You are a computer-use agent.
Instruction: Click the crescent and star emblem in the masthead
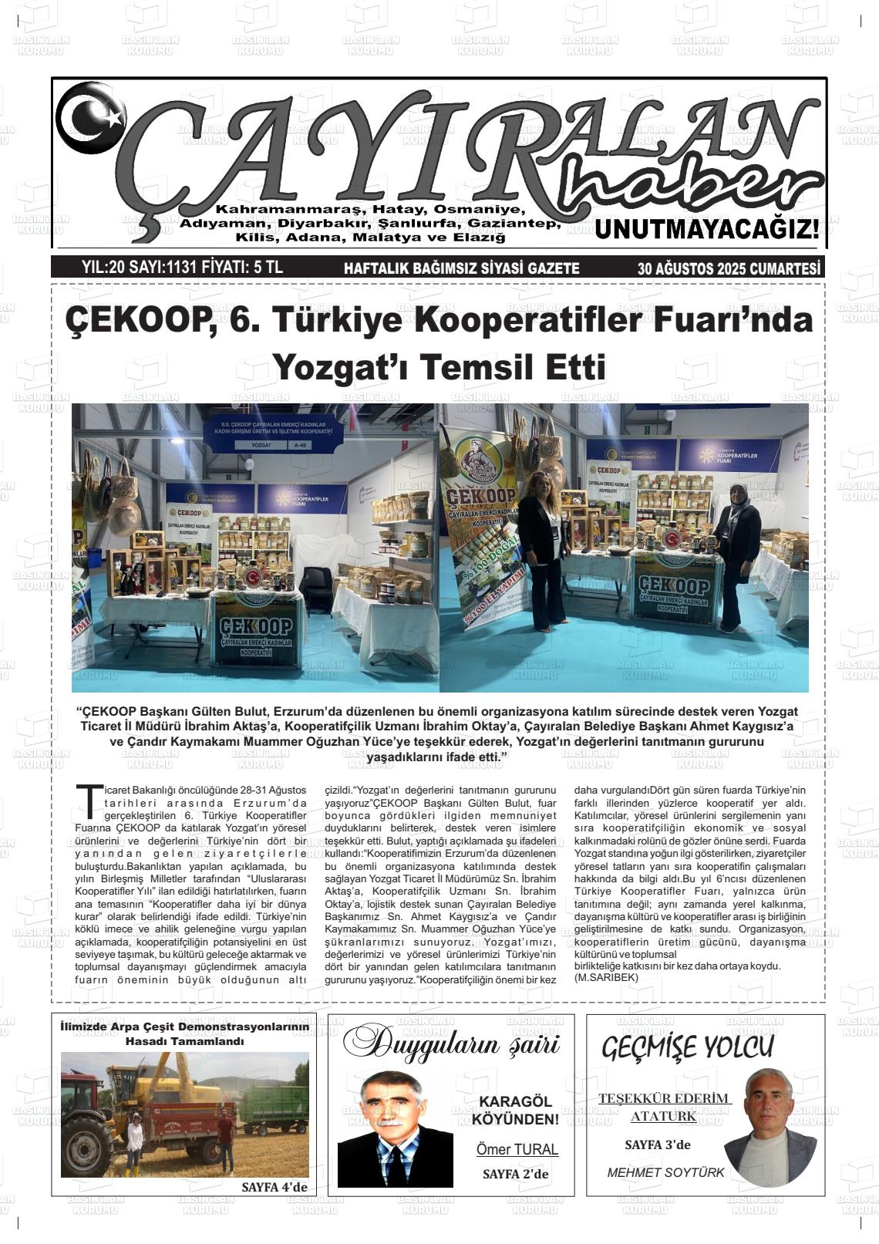(x=91, y=116)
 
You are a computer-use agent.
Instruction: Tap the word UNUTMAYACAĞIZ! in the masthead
(x=706, y=229)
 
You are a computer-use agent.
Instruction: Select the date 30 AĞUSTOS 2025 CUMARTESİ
(x=729, y=268)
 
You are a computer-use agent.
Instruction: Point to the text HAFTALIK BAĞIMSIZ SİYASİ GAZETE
(x=461, y=268)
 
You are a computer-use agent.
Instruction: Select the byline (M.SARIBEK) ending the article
(x=607, y=977)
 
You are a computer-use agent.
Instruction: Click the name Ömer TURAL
(x=517, y=1149)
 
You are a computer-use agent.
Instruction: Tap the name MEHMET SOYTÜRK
(x=665, y=1172)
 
